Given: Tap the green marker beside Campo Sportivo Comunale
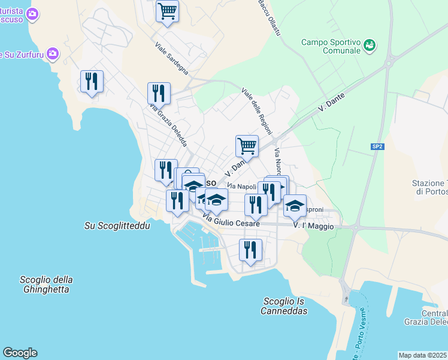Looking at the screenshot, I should (370, 44).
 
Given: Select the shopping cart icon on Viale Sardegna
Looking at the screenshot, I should (167, 11).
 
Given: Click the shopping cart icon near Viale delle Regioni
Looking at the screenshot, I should (247, 145).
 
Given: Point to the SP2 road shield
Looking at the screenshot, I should (377, 146).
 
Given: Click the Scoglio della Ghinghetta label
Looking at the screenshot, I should (46, 284).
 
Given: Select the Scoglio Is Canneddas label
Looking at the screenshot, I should (284, 306).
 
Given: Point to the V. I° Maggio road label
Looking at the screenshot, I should (313, 226).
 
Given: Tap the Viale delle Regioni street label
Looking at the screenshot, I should (257, 112).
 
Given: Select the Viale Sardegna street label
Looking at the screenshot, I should (171, 58).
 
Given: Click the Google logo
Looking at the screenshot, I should (20, 353).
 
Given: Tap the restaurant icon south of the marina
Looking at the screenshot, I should (250, 250).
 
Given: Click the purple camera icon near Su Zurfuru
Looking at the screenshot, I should (53, 55).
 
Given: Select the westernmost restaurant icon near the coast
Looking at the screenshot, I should (92, 81).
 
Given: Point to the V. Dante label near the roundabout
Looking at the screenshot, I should (331, 105).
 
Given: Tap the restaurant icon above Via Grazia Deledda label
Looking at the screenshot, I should (159, 93).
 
